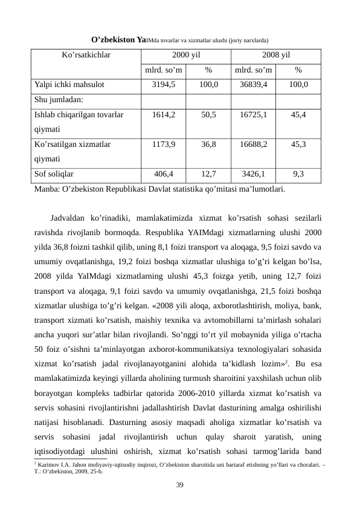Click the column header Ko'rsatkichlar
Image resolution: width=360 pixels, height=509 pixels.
(x=86, y=54)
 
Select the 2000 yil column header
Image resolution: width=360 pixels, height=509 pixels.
(x=186, y=54)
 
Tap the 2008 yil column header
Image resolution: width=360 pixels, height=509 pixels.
(x=276, y=54)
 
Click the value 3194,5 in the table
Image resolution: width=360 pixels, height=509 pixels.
(x=164, y=85)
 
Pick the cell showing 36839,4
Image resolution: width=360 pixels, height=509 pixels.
(x=254, y=85)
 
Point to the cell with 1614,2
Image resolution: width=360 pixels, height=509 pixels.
(x=164, y=114)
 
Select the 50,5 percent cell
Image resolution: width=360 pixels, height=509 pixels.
(x=208, y=114)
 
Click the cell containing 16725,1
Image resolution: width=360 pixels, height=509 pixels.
(x=254, y=114)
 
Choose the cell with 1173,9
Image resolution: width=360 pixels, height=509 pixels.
(x=164, y=144)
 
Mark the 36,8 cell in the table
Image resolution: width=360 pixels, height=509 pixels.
(x=208, y=144)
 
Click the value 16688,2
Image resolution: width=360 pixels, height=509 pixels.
(x=254, y=144)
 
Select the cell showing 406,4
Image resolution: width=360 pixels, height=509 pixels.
(x=164, y=174)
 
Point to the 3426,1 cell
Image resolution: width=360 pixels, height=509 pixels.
(x=254, y=174)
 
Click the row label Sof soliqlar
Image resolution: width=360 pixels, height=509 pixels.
(x=55, y=174)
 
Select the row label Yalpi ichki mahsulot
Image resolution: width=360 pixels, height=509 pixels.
(x=70, y=85)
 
